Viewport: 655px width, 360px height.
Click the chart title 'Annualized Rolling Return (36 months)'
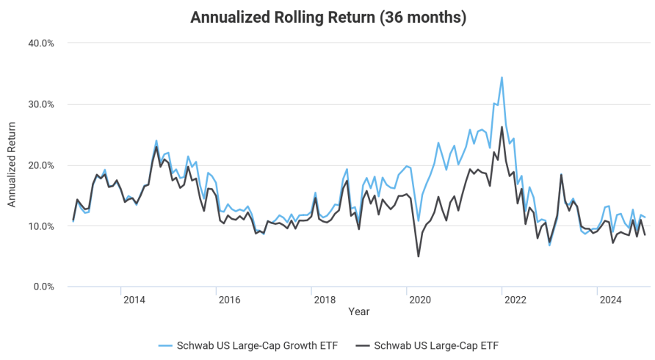point(328,17)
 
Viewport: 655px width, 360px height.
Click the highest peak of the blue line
point(502,77)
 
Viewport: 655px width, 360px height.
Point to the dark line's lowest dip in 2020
point(419,256)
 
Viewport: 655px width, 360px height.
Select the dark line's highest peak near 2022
point(502,127)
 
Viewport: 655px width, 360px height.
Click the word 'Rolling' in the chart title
point(297,17)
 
